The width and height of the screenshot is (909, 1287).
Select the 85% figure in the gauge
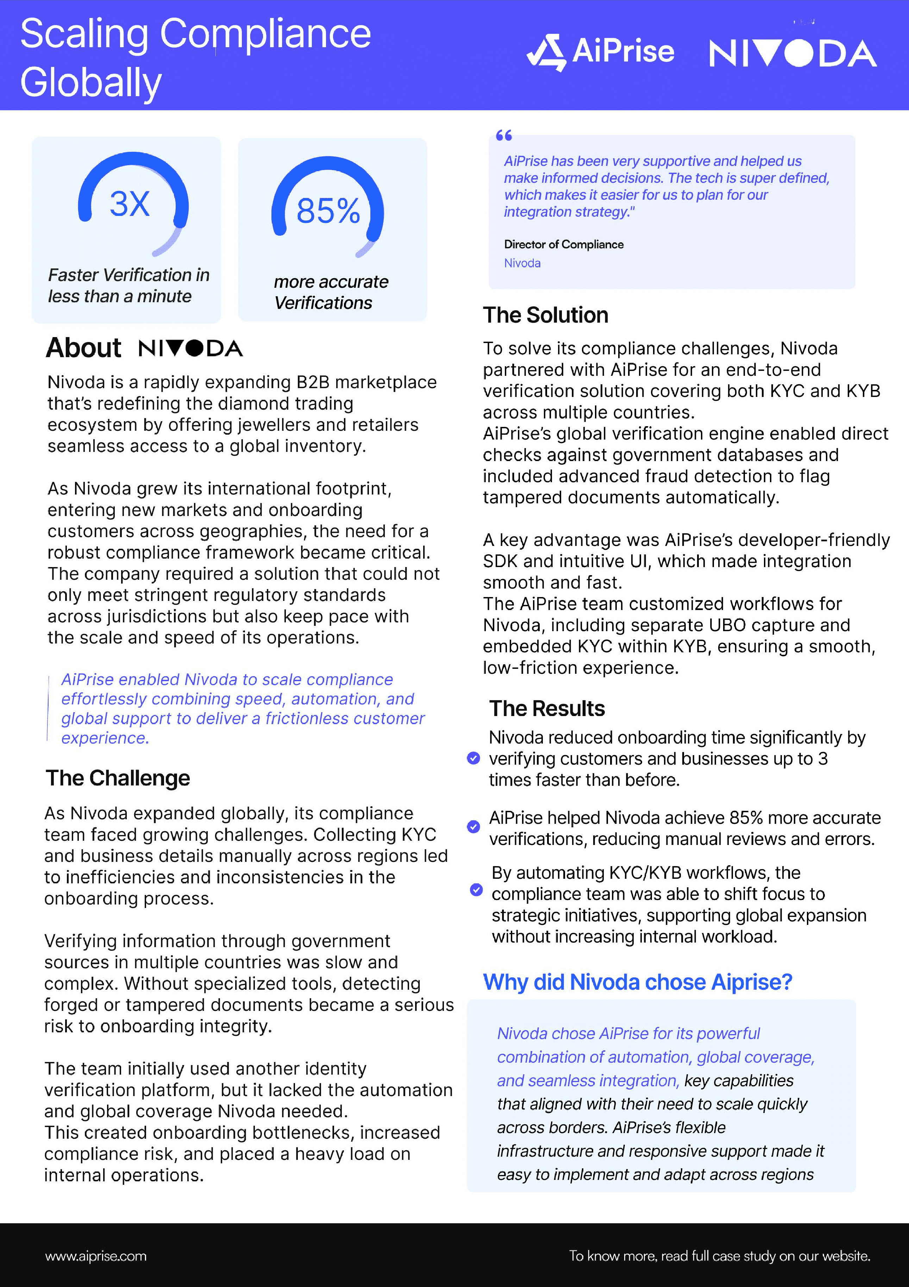coord(328,211)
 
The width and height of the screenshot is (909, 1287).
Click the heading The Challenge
coord(118,778)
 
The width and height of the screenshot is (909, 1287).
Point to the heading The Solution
coord(545,315)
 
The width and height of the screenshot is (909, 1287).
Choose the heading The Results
coord(547,709)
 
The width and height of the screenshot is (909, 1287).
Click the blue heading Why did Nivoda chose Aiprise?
coord(637,982)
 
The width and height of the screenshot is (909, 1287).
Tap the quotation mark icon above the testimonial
coord(504,135)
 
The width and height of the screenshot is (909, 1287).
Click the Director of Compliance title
coord(563,244)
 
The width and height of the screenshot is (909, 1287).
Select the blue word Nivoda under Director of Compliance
coord(522,263)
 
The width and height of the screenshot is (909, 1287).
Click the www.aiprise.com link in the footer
coord(96,1256)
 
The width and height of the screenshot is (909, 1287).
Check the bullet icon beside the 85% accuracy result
coord(474,827)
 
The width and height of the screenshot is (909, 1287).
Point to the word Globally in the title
coord(91,82)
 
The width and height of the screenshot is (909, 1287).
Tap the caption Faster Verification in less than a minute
coord(128,285)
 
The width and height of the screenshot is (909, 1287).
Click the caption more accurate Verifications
coord(331,292)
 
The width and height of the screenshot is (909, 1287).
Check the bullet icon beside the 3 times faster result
coord(474,758)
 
